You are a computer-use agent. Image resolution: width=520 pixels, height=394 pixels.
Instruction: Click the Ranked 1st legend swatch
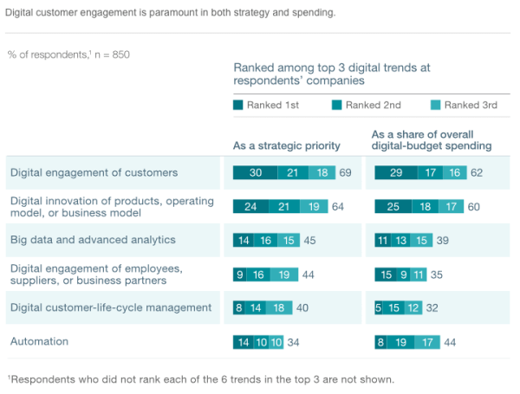pyautogui.click(x=238, y=106)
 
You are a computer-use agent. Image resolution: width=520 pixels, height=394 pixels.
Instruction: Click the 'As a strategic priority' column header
pyautogui.click(x=287, y=145)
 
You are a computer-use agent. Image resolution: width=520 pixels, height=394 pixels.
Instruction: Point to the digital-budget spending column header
pyautogui.click(x=432, y=140)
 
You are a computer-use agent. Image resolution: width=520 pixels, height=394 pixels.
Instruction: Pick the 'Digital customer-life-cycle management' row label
pyautogui.click(x=111, y=307)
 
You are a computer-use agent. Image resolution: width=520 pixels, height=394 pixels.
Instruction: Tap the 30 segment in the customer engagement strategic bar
pyautogui.click(x=256, y=173)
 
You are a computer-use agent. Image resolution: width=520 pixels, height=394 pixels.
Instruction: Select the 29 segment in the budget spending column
pyautogui.click(x=396, y=173)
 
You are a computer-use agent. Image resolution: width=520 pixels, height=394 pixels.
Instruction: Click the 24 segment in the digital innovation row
pyautogui.click(x=251, y=207)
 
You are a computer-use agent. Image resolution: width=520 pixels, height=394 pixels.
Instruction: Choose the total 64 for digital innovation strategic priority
pyautogui.click(x=338, y=207)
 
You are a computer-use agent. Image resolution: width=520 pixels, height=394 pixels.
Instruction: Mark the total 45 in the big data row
pyautogui.click(x=309, y=240)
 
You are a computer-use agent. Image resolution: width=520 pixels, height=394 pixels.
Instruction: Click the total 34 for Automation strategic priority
pyautogui.click(x=294, y=342)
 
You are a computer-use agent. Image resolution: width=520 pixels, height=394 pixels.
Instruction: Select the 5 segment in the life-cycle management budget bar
pyautogui.click(x=379, y=307)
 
